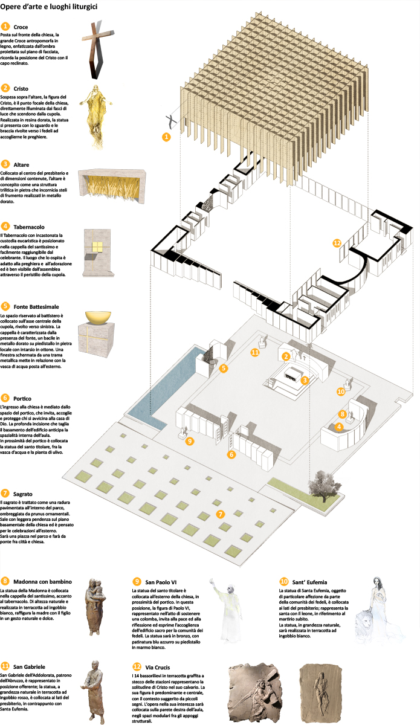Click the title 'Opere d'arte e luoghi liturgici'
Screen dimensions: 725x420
(x=50, y=8)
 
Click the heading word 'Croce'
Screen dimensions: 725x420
(x=21, y=27)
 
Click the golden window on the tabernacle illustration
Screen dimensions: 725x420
(x=97, y=246)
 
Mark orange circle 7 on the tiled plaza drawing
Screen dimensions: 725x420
(x=221, y=514)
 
